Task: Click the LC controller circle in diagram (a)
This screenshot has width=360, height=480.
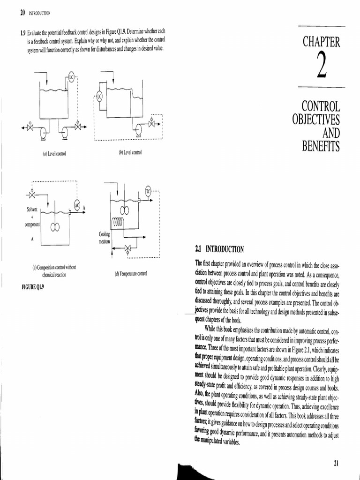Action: pyautogui.click(x=72, y=75)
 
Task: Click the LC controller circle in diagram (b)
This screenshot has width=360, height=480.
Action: pyautogui.click(x=99, y=97)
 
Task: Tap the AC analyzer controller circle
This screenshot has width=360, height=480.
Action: pyautogui.click(x=77, y=205)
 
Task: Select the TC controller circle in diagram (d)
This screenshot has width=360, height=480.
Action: pyautogui.click(x=149, y=191)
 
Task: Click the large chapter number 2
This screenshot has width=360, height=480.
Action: pyautogui.click(x=321, y=67)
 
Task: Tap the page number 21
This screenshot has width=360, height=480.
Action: pyautogui.click(x=336, y=464)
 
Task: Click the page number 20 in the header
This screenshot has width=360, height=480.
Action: pyautogui.click(x=22, y=13)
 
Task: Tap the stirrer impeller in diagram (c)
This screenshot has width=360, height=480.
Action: pyautogui.click(x=55, y=227)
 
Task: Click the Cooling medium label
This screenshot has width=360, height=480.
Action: pyautogui.click(x=104, y=238)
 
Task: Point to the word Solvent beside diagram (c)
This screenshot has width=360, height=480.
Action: pyautogui.click(x=32, y=209)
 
